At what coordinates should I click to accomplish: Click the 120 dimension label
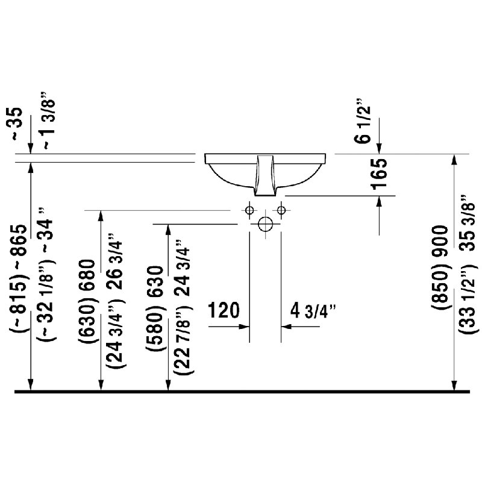click(224, 310)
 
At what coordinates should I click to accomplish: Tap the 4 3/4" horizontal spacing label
click(313, 311)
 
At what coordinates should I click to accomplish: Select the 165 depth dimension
click(379, 174)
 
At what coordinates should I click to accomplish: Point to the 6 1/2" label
click(363, 121)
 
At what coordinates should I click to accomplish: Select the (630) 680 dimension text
click(87, 302)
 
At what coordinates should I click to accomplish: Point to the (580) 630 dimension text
click(155, 309)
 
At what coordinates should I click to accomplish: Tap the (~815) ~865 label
click(18, 279)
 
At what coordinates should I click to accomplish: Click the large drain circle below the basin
click(265, 224)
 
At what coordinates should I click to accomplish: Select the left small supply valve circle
click(249, 210)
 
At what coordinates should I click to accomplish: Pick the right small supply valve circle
click(281, 210)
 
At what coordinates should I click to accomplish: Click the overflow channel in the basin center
click(265, 175)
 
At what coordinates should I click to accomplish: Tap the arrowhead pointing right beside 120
click(244, 327)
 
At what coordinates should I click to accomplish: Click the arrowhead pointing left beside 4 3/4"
click(286, 327)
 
